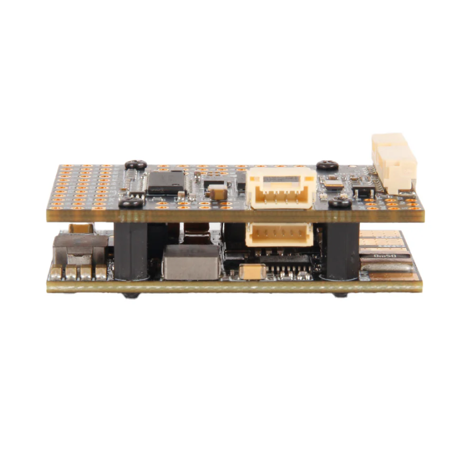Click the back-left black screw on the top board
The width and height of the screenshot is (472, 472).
[136, 165]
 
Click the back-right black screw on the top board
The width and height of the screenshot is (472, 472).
[327, 166]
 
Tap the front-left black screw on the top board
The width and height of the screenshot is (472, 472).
[131, 204]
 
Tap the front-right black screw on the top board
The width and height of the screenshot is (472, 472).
[340, 203]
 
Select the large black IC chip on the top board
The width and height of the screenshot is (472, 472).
[166, 182]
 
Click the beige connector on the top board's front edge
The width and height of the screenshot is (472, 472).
[280, 188]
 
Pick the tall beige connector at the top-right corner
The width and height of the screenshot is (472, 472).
[393, 162]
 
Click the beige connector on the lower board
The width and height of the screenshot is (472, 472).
[279, 234]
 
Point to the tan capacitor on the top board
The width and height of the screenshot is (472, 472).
[218, 192]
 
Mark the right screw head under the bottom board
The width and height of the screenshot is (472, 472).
[340, 294]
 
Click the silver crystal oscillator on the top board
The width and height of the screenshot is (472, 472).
[333, 183]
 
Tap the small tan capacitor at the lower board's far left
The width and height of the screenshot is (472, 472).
[81, 228]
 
